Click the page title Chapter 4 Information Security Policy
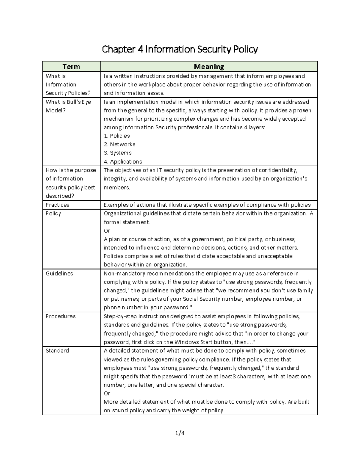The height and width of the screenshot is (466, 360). point(180,49)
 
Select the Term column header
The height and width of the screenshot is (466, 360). point(71,67)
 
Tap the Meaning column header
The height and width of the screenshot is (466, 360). point(209,67)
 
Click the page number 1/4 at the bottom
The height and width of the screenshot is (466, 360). point(180,433)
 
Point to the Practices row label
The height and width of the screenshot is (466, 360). point(57,205)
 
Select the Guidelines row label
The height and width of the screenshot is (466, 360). point(59,274)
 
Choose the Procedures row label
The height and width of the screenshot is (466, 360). point(60,316)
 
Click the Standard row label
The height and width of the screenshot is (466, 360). point(57,351)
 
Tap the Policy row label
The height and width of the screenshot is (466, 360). point(53,214)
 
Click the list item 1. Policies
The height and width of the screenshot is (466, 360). point(117,136)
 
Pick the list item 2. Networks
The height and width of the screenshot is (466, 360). point(119,144)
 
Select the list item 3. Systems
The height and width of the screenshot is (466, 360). point(118,153)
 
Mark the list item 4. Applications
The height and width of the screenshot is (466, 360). point(123,162)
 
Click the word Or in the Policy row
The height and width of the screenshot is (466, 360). point(107,231)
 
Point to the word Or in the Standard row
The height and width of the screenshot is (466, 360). point(107,393)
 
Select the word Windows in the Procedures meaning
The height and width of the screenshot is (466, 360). point(186,342)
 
